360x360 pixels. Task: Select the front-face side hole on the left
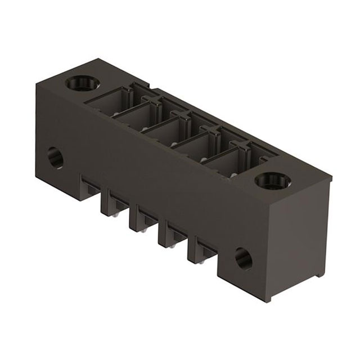[55, 157]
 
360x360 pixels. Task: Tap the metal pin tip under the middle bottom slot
[146, 229]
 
